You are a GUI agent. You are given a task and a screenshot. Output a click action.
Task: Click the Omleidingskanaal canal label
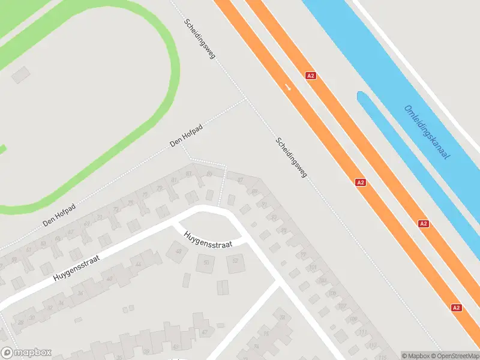(x=427, y=133)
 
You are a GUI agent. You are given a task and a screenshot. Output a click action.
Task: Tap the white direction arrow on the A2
(x=289, y=88)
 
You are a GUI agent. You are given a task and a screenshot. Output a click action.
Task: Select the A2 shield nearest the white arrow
(x=310, y=76)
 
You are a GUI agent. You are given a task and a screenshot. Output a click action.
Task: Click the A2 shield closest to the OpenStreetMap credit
(x=457, y=308)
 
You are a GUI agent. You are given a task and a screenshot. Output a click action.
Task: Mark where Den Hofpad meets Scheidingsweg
(x=245, y=98)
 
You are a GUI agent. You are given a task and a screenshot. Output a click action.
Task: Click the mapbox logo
(x=26, y=353)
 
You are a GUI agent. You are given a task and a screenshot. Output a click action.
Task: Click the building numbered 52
(x=235, y=260)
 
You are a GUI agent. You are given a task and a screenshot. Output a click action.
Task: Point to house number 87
(x=240, y=180)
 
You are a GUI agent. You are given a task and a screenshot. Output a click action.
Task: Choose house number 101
(x=313, y=268)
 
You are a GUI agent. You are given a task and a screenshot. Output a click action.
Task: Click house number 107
(x=341, y=306)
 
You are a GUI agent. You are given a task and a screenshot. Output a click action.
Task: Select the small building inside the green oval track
(x=21, y=74)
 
